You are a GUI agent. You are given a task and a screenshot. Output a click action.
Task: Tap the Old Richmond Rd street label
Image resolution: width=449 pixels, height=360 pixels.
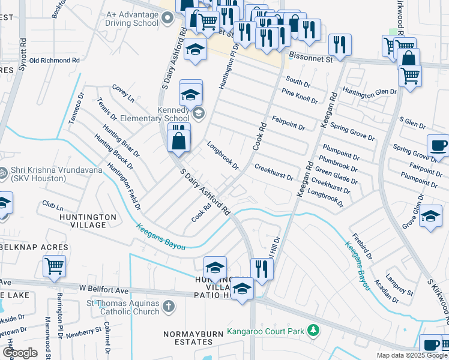point(55,61)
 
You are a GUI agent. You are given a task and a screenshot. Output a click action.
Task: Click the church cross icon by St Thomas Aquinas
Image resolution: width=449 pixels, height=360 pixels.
point(169,307)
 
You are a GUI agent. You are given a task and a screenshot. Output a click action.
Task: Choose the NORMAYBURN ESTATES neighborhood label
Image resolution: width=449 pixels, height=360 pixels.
point(188,337)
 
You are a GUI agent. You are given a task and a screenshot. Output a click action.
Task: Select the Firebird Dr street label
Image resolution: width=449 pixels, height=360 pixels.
point(362,246)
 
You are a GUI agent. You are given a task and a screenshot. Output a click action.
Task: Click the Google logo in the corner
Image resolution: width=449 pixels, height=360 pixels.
point(20,353)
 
